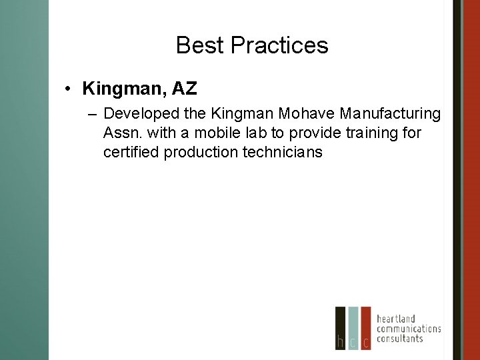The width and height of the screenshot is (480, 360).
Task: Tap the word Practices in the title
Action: click(279, 45)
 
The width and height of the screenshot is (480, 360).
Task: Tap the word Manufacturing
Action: click(392, 114)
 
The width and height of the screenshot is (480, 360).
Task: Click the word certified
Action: click(131, 152)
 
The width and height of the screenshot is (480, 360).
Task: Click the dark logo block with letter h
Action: click(340, 328)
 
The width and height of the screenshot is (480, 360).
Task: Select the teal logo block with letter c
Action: click(353, 328)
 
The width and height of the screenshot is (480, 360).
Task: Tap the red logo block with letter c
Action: click(365, 328)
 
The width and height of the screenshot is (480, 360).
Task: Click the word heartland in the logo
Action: click(396, 318)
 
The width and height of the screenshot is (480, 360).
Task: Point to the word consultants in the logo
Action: click(400, 338)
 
